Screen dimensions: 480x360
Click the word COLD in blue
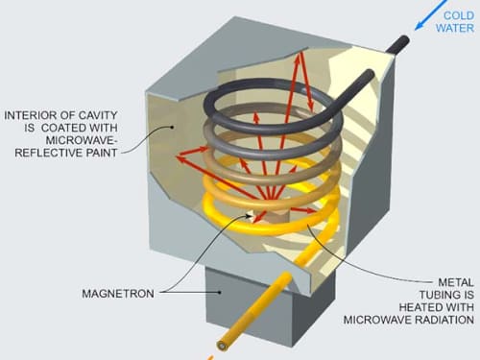[x=459, y=15]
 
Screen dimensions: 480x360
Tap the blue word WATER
[x=455, y=28]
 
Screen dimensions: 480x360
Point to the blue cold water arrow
[x=430, y=15]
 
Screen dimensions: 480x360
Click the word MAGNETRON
[x=118, y=294]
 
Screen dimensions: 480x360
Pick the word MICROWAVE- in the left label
[x=82, y=140]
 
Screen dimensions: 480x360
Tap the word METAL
[x=456, y=282]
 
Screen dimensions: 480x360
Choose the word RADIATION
[x=444, y=320]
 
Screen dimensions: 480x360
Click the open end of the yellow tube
[x=222, y=345]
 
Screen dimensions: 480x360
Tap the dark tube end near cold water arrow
[x=404, y=40]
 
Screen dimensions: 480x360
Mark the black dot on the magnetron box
[x=220, y=292]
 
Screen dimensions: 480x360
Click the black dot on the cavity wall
[x=172, y=127]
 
